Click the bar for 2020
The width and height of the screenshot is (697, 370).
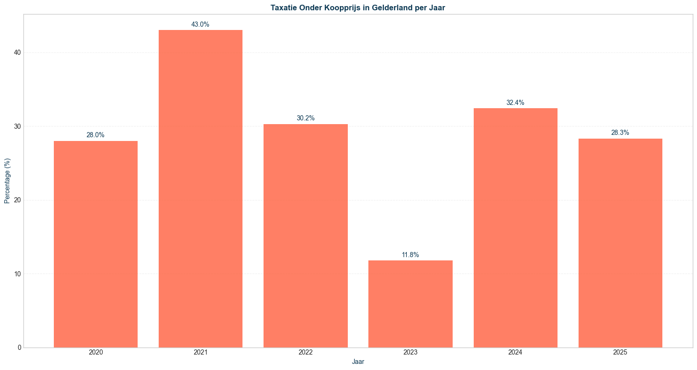(95, 244)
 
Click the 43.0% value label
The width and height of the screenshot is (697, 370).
(200, 24)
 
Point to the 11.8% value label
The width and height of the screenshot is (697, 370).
(410, 255)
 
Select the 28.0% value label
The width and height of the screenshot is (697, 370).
(95, 135)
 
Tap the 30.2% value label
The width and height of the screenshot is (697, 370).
(305, 118)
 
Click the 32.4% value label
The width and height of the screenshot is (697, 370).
(515, 102)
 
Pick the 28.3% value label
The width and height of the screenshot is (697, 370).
(620, 133)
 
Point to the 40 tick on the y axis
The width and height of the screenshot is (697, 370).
(17, 53)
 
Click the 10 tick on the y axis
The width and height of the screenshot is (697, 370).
(17, 274)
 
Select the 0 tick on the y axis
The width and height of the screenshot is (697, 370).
(19, 348)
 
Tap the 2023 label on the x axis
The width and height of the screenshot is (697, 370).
(410, 352)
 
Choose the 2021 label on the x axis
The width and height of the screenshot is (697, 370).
(200, 352)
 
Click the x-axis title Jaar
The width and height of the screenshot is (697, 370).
(358, 362)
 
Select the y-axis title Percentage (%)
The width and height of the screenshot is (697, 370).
(7, 181)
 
